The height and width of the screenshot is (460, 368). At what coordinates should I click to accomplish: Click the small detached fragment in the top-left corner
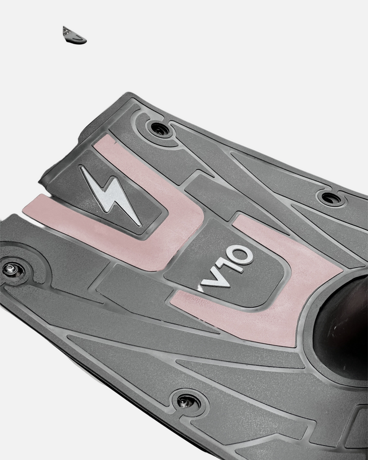coord(74,36)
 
